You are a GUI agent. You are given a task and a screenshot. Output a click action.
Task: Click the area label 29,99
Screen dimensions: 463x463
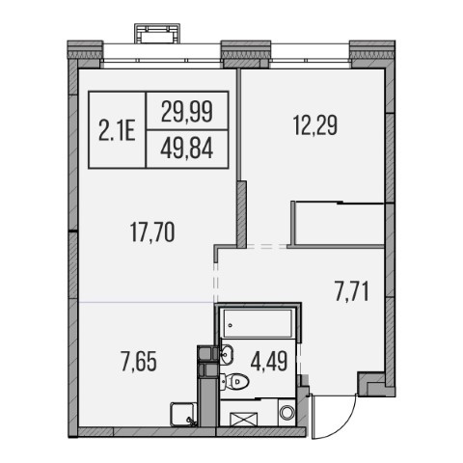(x=187, y=111)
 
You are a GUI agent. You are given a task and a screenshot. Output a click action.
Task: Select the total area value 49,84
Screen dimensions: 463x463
(x=187, y=149)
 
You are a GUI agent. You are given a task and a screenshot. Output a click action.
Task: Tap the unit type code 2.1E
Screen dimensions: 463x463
(x=117, y=130)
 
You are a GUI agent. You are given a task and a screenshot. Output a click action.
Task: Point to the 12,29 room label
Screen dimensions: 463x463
(x=315, y=125)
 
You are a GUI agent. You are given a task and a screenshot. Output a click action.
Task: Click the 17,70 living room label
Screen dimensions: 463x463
(x=152, y=232)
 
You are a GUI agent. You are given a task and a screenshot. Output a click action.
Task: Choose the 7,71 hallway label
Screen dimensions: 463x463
(x=351, y=291)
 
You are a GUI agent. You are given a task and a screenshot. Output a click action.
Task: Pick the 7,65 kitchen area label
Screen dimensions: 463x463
(x=139, y=362)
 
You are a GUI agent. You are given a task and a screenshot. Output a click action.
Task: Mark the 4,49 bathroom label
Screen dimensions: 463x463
(x=269, y=362)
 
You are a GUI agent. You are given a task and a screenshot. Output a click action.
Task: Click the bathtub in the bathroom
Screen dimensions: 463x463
(x=258, y=323)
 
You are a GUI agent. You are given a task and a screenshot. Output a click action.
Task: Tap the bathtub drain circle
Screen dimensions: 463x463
(x=231, y=325)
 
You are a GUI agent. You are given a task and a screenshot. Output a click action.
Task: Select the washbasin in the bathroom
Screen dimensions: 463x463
(x=227, y=354)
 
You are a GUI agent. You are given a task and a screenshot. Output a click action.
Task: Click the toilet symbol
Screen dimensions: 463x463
(x=235, y=382)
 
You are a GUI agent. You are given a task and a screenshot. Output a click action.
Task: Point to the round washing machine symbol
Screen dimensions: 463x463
(x=286, y=412)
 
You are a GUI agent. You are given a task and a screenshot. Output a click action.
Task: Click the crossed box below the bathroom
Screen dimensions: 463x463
(x=244, y=420)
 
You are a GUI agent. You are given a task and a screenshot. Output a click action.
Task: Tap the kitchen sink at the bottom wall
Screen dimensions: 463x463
(x=182, y=414)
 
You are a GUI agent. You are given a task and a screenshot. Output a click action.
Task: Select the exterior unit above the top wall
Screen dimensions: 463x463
(x=157, y=33)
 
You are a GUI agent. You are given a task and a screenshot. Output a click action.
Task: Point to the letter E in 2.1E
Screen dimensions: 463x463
(x=129, y=130)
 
